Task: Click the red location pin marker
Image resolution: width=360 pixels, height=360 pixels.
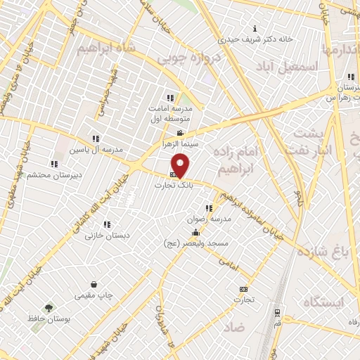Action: point(181,165)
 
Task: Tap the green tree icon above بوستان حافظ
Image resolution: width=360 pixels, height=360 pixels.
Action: point(48,308)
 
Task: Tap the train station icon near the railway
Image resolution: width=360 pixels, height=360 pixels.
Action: point(278,312)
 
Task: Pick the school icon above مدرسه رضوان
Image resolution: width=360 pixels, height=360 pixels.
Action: point(208,208)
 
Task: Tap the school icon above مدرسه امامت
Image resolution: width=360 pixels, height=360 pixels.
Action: point(169,98)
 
